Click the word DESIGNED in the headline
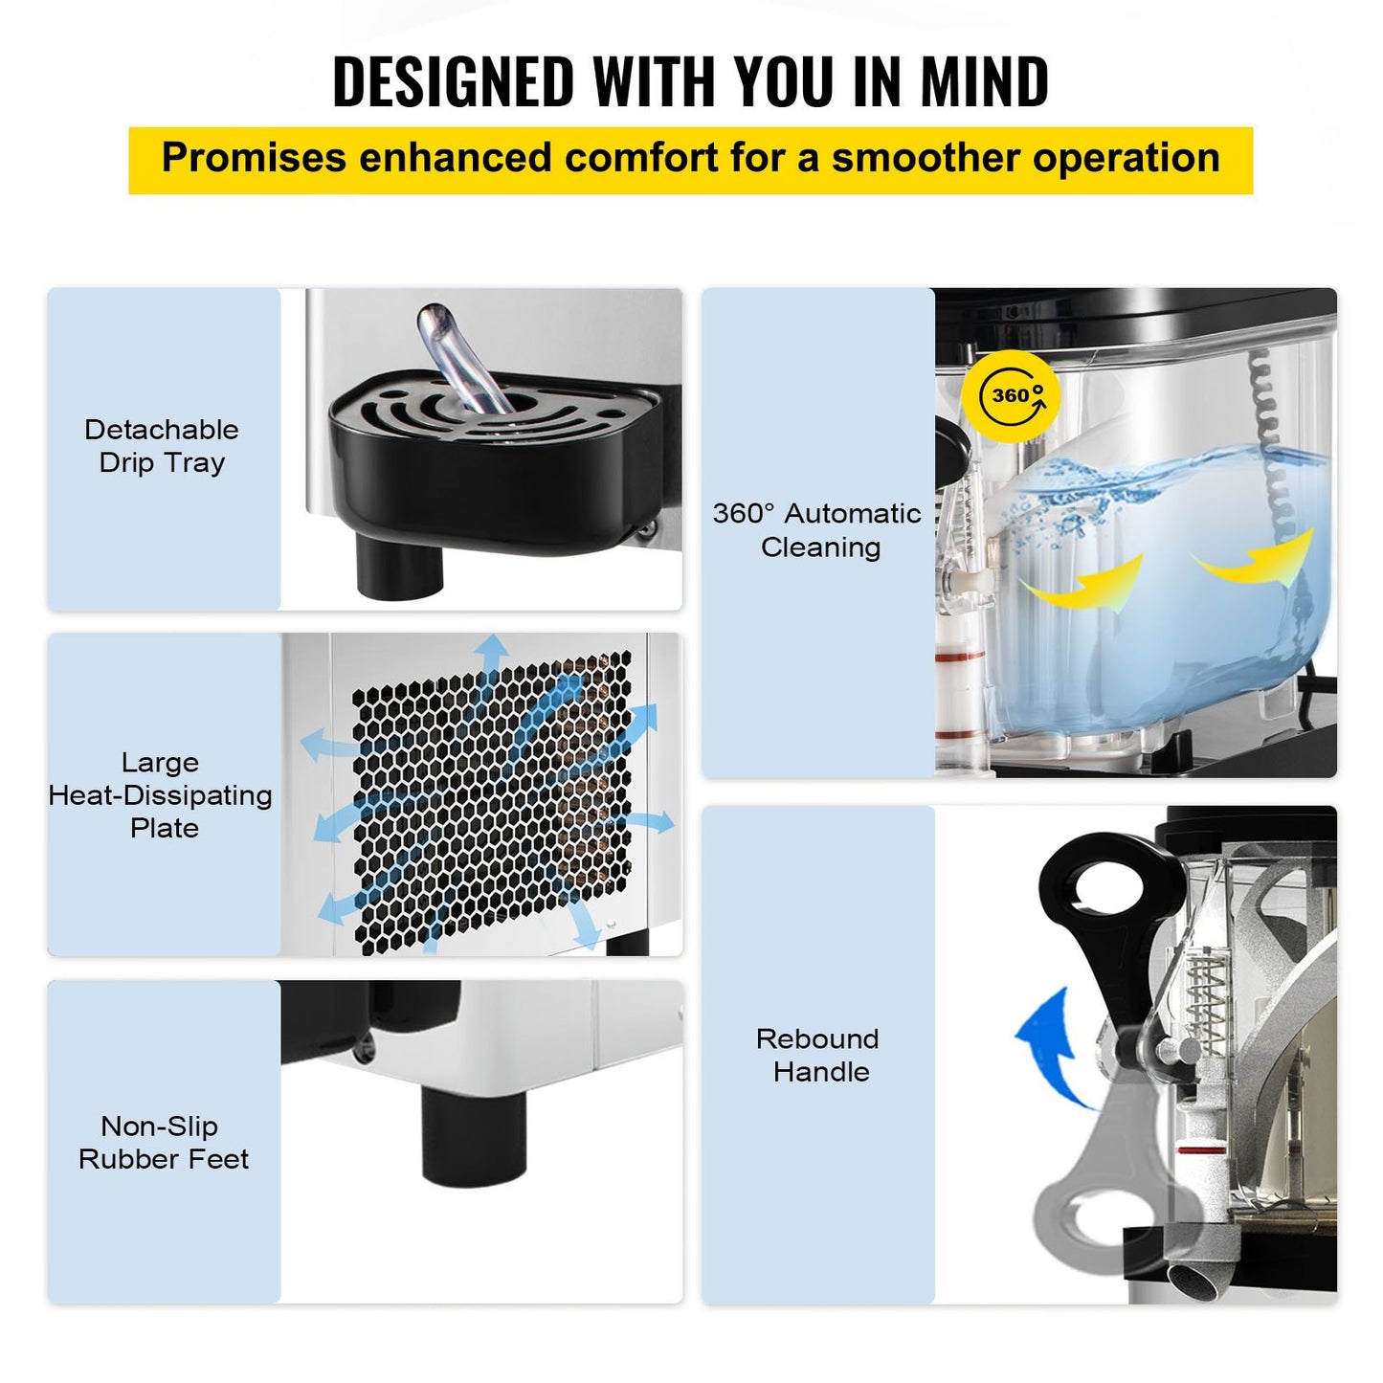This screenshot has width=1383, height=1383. (453, 81)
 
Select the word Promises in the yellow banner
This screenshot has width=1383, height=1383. (254, 158)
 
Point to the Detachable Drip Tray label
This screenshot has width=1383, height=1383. (162, 446)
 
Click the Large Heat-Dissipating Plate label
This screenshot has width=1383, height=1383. (162, 794)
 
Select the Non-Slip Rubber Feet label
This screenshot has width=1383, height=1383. (162, 1142)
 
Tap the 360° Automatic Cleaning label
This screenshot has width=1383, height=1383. (817, 530)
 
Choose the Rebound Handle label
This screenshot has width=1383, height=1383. (818, 1055)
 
